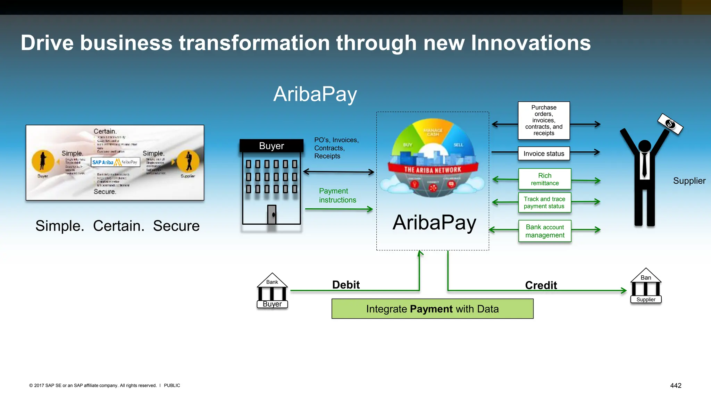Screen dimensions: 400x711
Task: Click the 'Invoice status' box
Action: point(544,153)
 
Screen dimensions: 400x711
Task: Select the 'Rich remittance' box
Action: point(544,179)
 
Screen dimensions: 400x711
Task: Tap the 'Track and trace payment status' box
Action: point(544,202)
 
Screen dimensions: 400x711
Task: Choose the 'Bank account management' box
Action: point(544,231)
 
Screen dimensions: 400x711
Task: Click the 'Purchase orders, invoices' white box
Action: point(544,120)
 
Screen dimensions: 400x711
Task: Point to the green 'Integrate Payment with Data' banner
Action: point(432,309)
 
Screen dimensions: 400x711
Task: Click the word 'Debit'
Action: point(346,285)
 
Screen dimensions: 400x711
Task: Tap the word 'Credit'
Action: point(541,285)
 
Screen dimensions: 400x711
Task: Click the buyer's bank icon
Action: point(272,291)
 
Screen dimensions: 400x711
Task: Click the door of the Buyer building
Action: point(271,215)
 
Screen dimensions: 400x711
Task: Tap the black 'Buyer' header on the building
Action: point(271,146)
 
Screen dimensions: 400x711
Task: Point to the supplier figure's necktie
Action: point(644,165)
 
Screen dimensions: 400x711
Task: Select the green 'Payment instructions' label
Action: point(337,195)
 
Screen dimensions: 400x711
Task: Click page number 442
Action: point(676,385)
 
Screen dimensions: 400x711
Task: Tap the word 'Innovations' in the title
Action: point(530,43)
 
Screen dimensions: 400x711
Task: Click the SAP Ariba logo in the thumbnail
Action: point(103,162)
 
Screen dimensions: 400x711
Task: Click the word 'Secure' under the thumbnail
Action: point(176,226)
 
